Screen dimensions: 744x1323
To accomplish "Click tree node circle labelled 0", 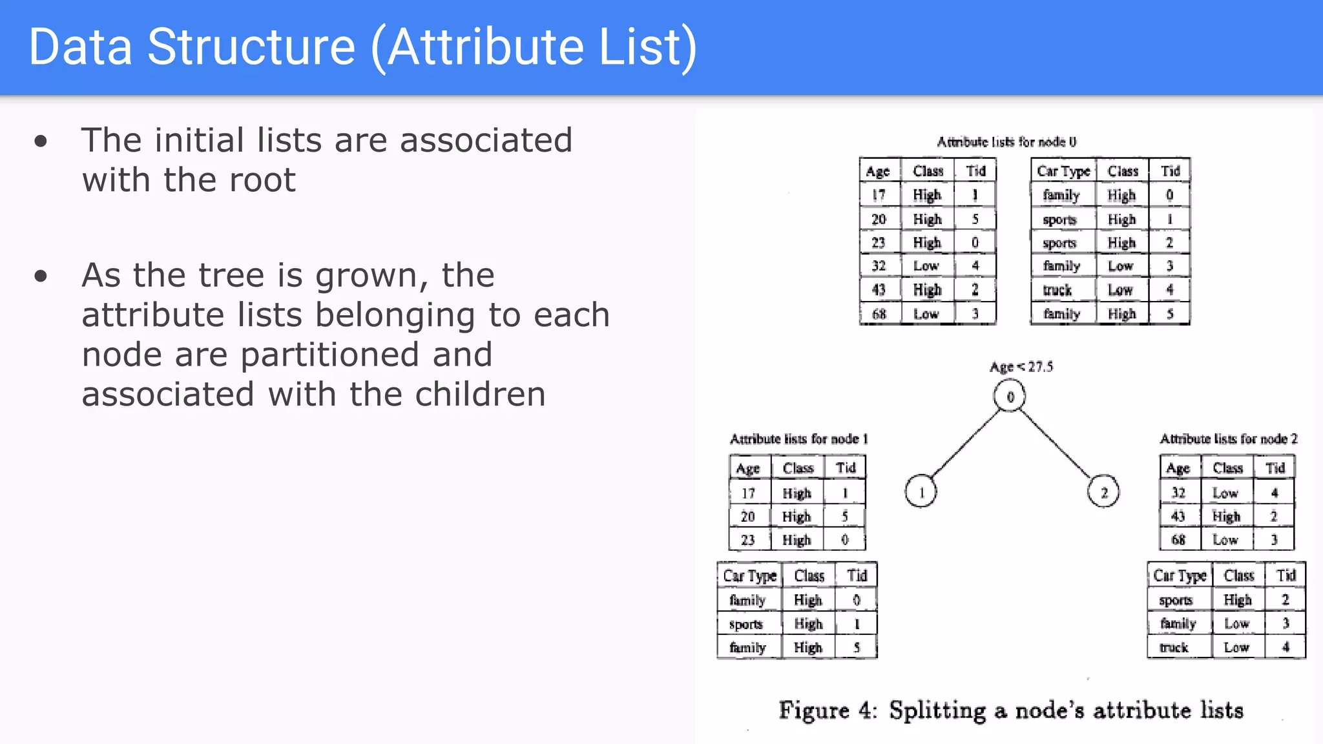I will [x=1010, y=396].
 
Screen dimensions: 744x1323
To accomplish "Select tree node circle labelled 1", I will [x=921, y=491].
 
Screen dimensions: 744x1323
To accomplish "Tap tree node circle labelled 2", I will [x=1103, y=492].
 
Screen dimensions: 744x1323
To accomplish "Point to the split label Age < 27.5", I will [x=1021, y=367].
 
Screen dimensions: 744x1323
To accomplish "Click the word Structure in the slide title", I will [x=251, y=46].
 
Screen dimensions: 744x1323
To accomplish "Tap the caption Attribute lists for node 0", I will [x=1006, y=141].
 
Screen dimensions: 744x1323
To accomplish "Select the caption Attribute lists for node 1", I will [x=798, y=439].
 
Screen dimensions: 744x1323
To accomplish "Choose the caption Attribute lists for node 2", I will [x=1228, y=439].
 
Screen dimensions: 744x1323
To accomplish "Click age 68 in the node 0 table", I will [x=879, y=314].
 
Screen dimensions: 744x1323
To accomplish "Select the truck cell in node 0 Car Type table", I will [x=1057, y=290].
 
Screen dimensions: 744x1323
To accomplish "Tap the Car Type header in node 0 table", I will [x=1063, y=171].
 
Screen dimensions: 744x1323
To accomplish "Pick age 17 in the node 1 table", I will [x=748, y=493].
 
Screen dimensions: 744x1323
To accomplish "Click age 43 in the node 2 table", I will [x=1178, y=517].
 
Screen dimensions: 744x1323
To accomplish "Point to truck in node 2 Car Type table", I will [x=1174, y=647].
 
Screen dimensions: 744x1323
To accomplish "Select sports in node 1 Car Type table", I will [x=746, y=624].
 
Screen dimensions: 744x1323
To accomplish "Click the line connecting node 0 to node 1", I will [x=964, y=444].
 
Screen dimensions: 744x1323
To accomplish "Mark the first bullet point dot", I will [x=41, y=141].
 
